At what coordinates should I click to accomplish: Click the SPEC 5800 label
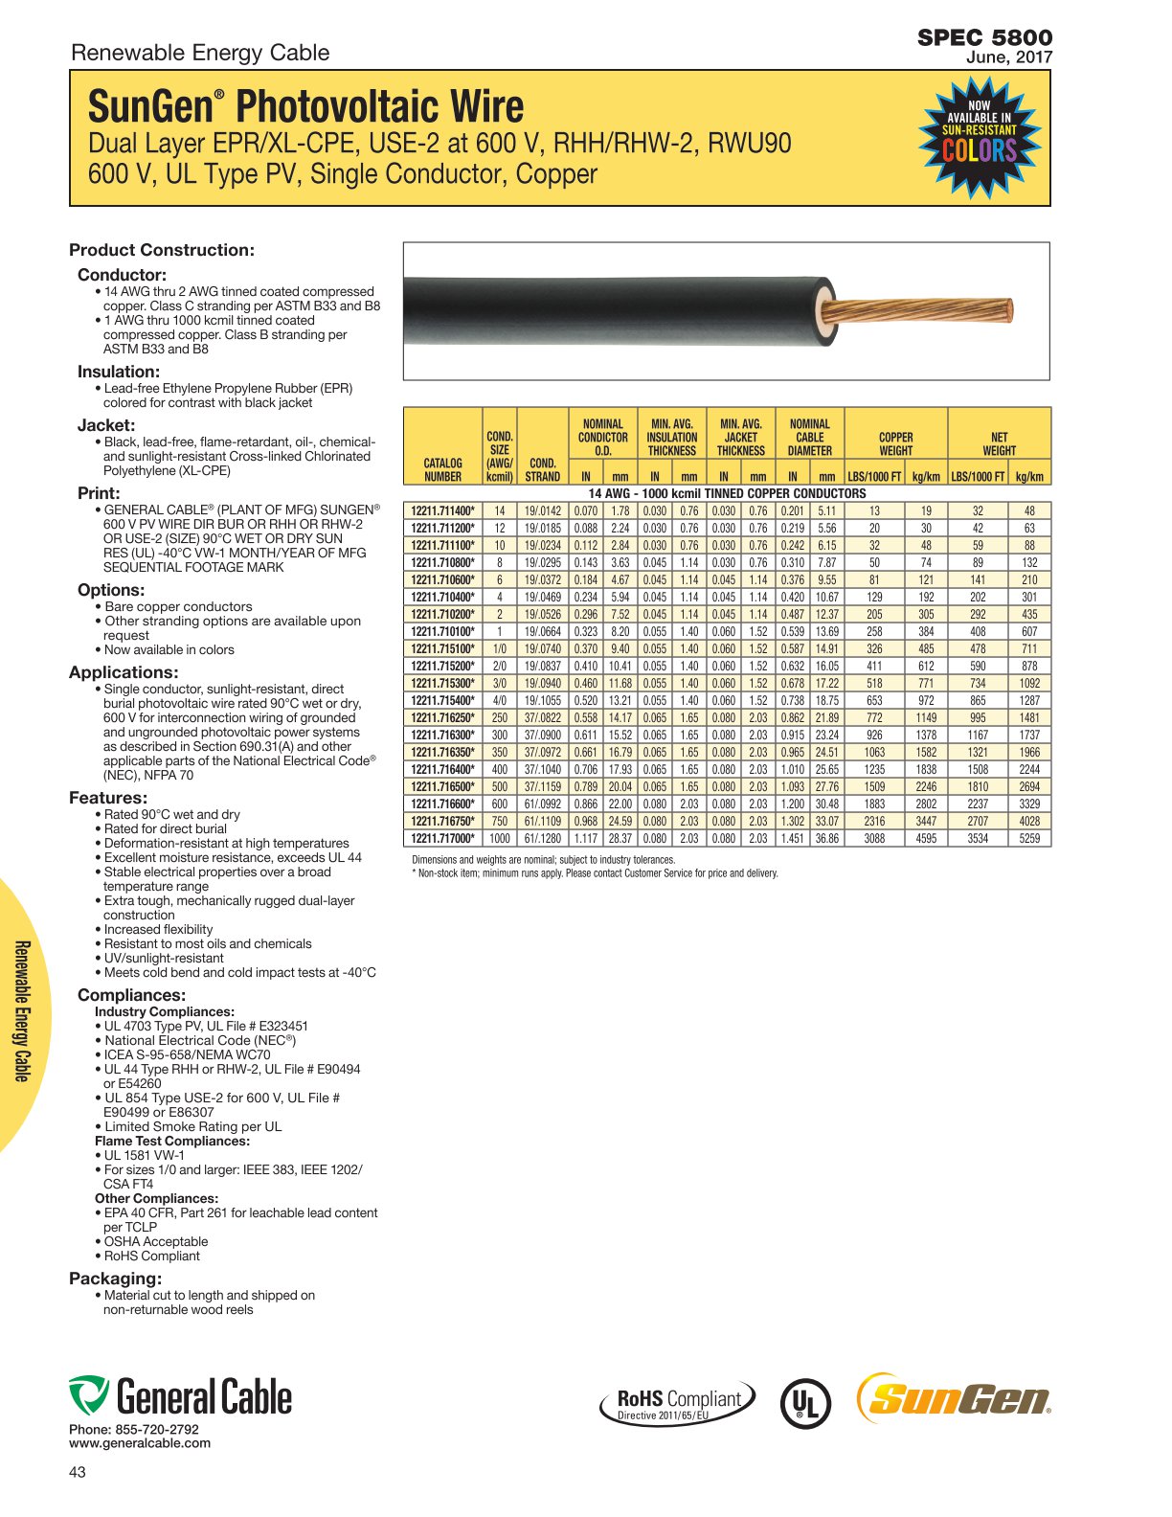984,37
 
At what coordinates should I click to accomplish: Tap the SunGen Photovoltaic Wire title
306,105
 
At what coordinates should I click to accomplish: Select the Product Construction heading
162,250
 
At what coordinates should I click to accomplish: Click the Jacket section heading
106,425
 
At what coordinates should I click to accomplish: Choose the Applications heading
124,672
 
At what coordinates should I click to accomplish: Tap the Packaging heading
116,1279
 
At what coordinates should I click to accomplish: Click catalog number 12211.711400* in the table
442,511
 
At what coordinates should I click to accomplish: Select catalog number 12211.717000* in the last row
442,839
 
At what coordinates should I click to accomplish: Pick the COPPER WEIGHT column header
895,443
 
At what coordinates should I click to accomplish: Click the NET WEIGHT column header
999,443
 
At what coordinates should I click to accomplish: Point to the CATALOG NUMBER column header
442,469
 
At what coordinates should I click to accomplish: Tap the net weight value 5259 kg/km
1029,839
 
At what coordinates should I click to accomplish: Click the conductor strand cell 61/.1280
543,839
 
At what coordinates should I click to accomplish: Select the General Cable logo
180,1396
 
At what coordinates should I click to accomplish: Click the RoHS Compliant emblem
678,1403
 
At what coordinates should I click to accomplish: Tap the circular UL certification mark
805,1403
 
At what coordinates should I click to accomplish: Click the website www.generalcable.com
140,1443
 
